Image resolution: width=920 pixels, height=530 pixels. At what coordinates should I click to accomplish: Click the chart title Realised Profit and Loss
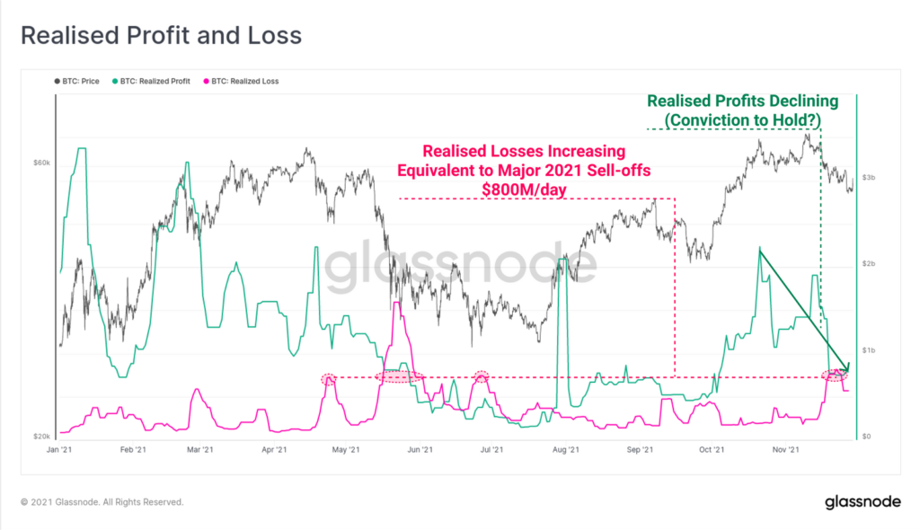[x=161, y=36]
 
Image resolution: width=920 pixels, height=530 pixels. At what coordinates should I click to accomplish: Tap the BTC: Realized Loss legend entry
[x=243, y=81]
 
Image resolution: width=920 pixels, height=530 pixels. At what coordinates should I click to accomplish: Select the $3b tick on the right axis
[x=870, y=178]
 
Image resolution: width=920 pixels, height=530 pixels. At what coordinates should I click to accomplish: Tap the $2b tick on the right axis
[x=870, y=263]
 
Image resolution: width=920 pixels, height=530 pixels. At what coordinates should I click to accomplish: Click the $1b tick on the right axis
[x=870, y=349]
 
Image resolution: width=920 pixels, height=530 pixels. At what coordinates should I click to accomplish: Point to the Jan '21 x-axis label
[x=59, y=449]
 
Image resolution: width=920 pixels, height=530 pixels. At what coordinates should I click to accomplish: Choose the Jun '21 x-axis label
[x=420, y=449]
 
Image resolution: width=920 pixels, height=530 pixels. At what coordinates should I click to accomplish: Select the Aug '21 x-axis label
[x=566, y=449]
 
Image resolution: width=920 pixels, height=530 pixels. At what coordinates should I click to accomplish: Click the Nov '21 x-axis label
[x=787, y=449]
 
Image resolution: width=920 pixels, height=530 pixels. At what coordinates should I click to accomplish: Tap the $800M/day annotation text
[x=525, y=188]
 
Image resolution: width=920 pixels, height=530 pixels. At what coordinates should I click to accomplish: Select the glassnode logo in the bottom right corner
[x=858, y=502]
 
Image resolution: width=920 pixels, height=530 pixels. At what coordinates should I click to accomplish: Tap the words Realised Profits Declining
[x=742, y=102]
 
